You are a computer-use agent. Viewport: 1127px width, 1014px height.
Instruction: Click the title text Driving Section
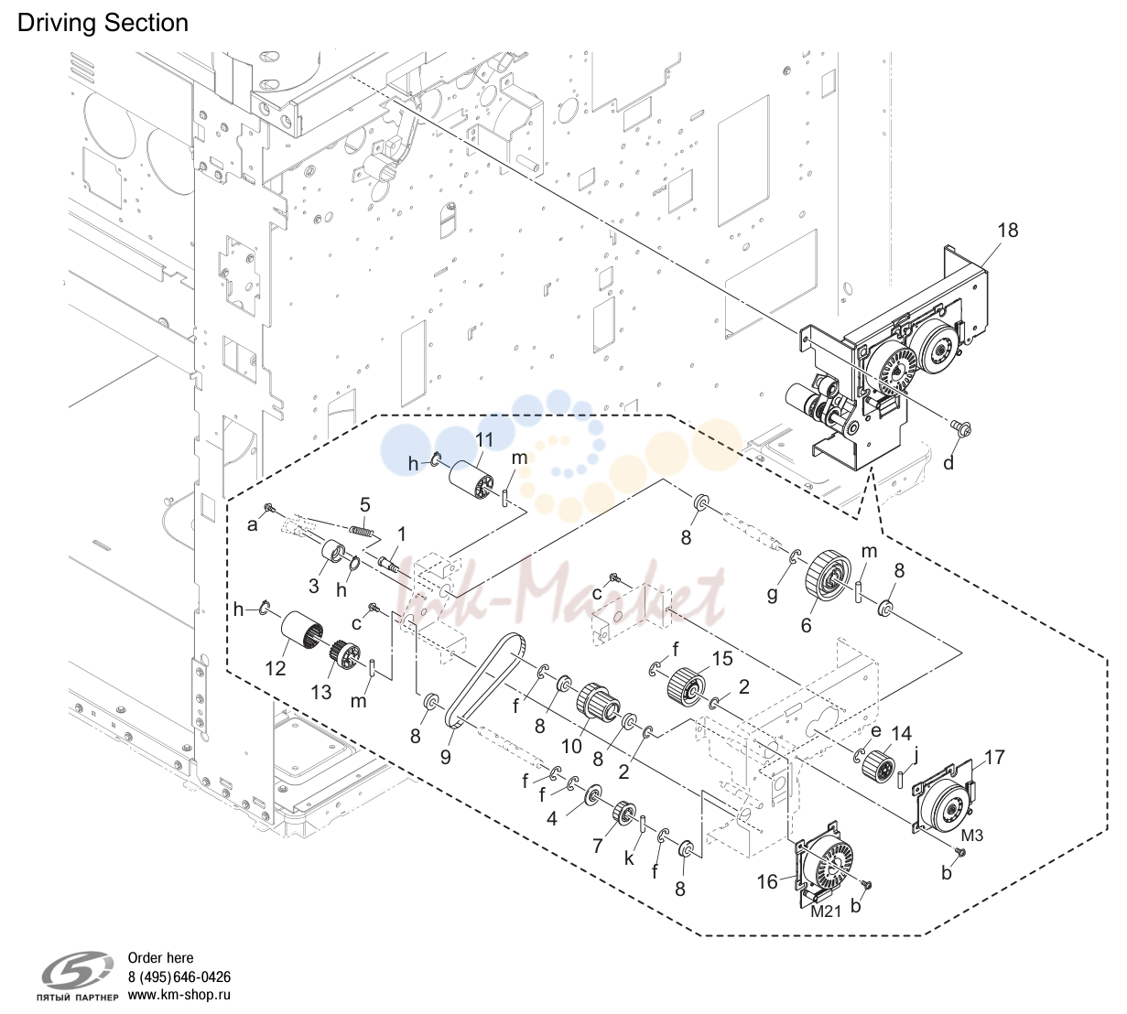[103, 23]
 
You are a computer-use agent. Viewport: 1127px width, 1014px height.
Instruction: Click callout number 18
[1008, 231]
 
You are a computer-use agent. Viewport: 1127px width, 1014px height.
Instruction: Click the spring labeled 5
[361, 530]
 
